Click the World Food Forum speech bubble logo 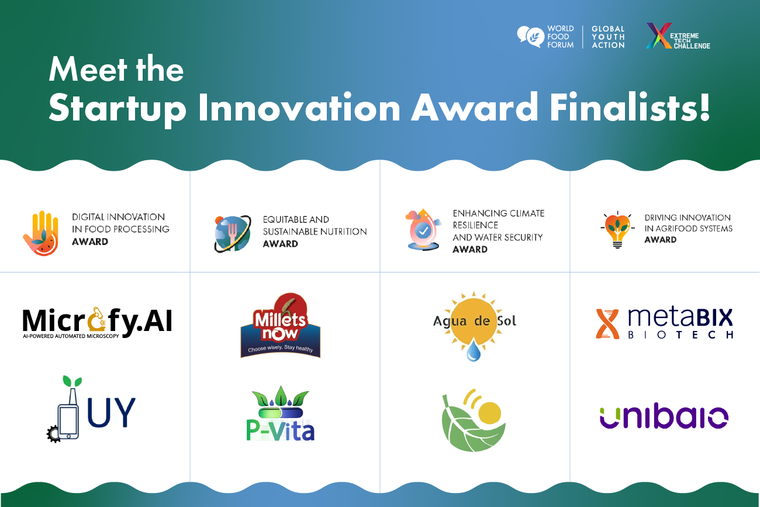530,36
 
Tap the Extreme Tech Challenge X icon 657,36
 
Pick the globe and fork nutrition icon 233,233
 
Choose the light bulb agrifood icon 617,230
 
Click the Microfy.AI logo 97,321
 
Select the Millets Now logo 280,325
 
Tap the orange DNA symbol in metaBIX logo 607,324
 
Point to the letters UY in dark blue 111,412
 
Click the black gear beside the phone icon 54,434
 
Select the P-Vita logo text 281,430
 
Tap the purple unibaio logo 664,417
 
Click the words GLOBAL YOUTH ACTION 608,37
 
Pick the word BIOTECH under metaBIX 680,335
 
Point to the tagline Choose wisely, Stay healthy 280,349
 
